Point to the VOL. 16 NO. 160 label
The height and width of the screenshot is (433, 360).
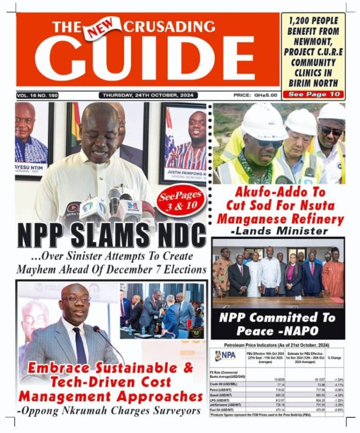tap(37, 95)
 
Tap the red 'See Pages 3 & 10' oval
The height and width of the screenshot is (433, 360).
tap(181, 198)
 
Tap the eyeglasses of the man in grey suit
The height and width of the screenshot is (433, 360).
tap(76, 298)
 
